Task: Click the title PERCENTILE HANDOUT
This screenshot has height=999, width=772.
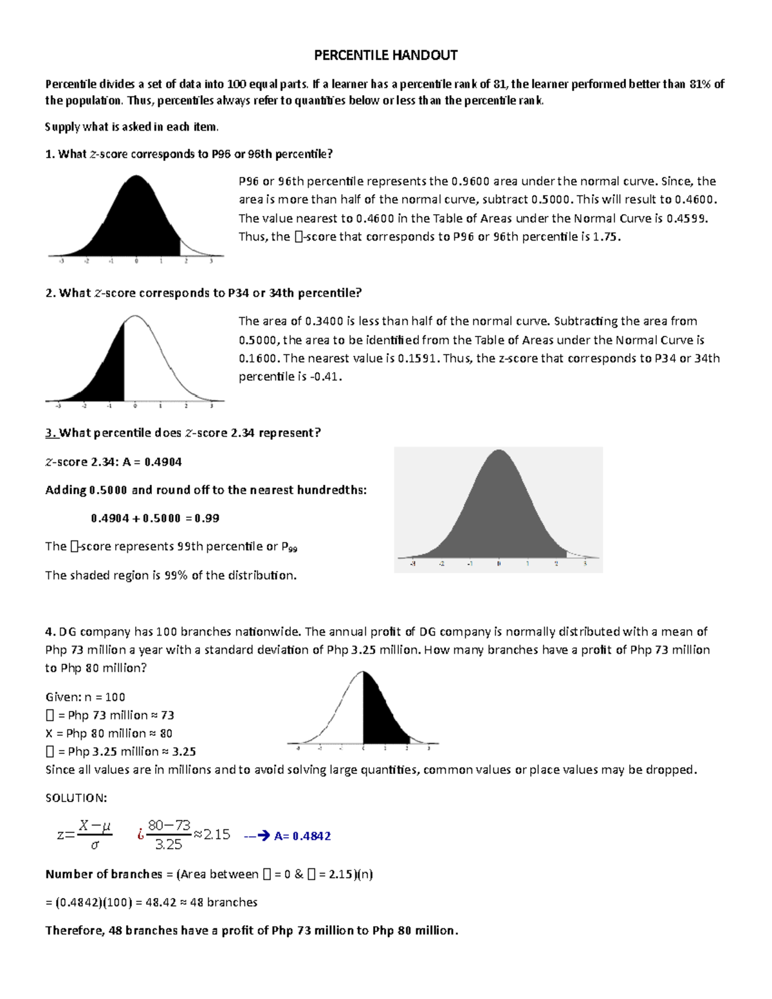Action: tap(385, 55)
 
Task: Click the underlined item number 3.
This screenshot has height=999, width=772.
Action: tap(51, 433)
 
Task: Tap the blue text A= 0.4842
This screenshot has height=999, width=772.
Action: tap(302, 836)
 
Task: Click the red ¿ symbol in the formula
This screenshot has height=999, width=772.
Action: tap(140, 835)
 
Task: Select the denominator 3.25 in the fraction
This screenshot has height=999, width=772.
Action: tap(169, 845)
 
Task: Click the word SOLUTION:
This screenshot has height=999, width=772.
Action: tap(76, 798)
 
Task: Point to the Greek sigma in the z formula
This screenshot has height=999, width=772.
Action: tap(95, 845)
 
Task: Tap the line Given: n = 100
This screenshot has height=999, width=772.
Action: tap(85, 697)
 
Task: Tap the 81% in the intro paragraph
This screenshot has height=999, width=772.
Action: tap(700, 84)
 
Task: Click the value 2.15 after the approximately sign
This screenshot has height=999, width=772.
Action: tap(217, 834)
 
